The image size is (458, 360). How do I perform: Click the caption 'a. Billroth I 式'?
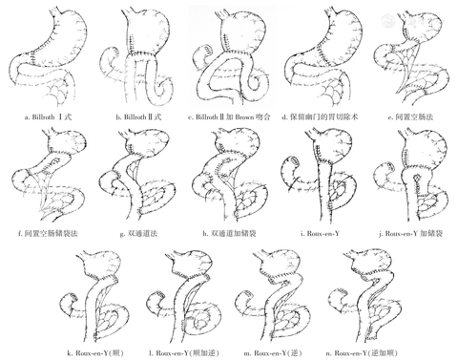[48, 116]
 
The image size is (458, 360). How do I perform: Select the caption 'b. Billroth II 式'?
[138, 116]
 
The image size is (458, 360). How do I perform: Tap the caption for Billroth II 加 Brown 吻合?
[229, 116]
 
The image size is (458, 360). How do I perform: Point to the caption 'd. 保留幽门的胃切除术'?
[320, 116]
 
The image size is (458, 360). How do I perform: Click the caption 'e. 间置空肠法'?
[410, 116]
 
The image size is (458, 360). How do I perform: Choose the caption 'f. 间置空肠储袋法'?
[48, 234]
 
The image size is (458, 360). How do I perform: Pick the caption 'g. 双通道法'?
[138, 234]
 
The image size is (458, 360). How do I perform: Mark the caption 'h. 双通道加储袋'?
[229, 234]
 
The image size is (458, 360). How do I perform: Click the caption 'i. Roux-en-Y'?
[320, 234]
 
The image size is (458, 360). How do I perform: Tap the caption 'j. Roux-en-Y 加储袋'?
[410, 234]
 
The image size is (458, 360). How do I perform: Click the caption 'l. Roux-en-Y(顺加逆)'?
[184, 352]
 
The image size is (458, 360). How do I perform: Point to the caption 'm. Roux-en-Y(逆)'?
[273, 352]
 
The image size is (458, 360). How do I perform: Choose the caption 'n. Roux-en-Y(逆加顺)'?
[362, 352]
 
